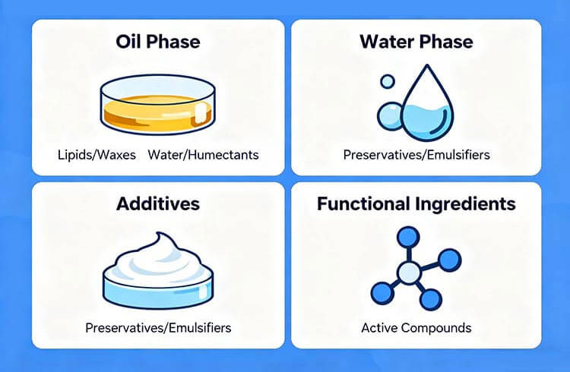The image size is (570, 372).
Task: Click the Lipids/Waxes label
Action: [x=97, y=155]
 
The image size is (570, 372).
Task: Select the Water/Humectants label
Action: [x=203, y=155]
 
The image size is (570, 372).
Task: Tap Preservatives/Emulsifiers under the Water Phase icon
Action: [x=416, y=155]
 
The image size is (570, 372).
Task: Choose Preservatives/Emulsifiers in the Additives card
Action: [x=157, y=328]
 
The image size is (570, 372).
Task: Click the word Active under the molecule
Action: [x=378, y=328]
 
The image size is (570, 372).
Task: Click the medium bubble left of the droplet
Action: [x=392, y=115]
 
